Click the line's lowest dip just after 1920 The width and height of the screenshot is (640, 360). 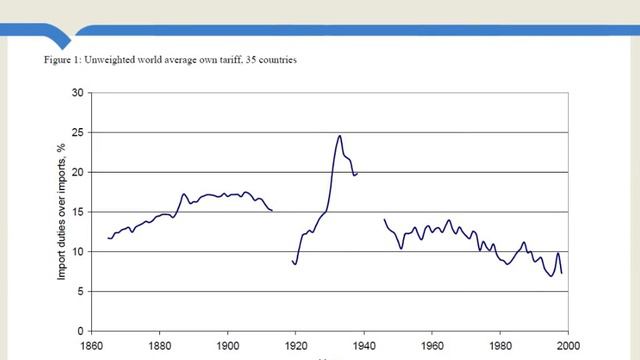[x=295, y=264]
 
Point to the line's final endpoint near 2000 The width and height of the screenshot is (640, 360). [x=562, y=273]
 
